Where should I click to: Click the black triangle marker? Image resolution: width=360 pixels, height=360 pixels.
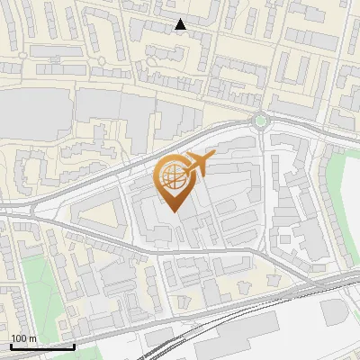coord(181,24)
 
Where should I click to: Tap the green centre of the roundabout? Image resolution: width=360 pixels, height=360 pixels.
coord(261,120)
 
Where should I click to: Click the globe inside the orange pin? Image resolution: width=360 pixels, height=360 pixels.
coord(171,178)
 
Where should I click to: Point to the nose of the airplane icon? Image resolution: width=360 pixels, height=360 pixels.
coord(211,156)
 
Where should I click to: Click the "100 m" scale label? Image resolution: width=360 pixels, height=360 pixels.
coord(24,337)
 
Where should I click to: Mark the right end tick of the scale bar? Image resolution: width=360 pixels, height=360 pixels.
coord(74,344)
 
